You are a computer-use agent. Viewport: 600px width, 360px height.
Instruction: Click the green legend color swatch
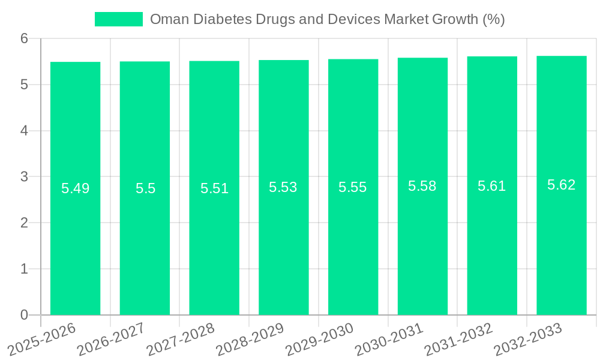[x=119, y=19]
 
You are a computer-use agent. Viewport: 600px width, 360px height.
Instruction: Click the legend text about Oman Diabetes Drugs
[x=327, y=19]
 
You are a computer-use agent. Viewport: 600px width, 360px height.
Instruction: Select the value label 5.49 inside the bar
[x=76, y=188]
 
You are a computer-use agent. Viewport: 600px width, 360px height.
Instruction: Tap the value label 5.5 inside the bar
[x=145, y=188]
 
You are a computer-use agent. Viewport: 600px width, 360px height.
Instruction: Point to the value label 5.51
[x=214, y=188]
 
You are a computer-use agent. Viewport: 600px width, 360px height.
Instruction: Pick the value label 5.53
[x=283, y=187]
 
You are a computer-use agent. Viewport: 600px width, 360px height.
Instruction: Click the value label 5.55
[x=353, y=187]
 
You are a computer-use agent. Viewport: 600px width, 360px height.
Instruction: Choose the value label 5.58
[x=422, y=186]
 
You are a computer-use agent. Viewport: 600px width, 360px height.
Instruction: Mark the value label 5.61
[x=492, y=186]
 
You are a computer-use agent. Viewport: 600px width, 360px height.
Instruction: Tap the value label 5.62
[x=562, y=185]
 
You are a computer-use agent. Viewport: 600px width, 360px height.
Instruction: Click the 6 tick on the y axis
[x=24, y=38]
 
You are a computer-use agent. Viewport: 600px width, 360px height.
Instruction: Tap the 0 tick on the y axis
[x=24, y=315]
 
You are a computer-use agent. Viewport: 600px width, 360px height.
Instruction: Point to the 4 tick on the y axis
[x=24, y=131]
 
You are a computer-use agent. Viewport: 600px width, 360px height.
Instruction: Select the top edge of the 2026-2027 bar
[x=145, y=62]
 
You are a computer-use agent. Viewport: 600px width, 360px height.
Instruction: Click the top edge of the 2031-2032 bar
[x=492, y=57]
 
